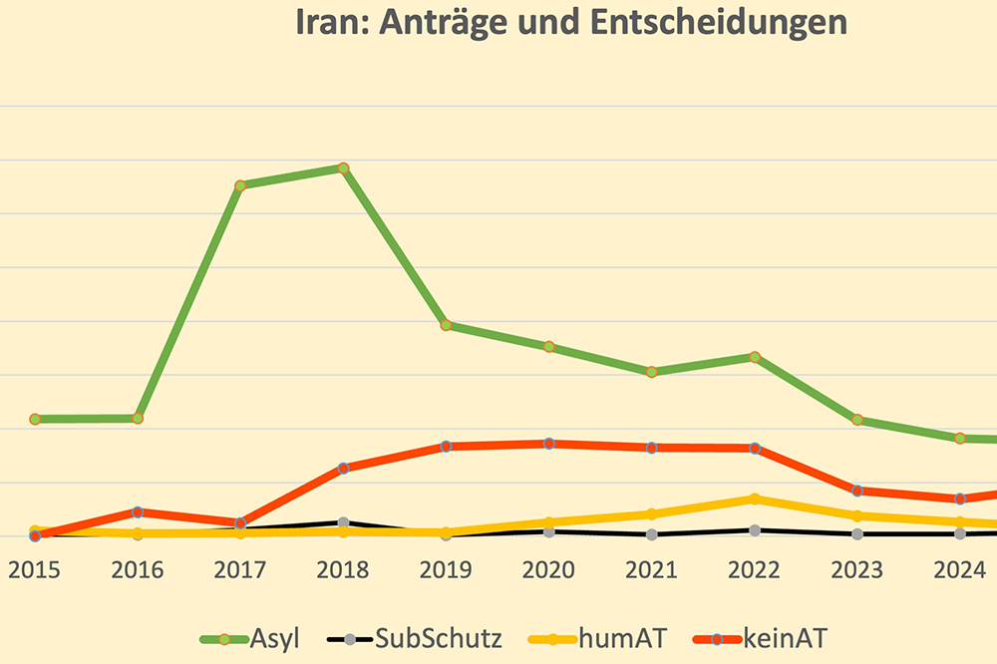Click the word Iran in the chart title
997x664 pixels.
coord(330,23)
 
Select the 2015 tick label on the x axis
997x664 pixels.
coord(35,570)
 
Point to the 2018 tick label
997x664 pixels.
coord(343,570)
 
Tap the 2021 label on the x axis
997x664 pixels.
coord(651,570)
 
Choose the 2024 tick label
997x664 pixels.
coord(959,570)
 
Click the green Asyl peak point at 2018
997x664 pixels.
coord(343,167)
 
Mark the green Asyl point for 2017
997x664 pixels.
coord(240,185)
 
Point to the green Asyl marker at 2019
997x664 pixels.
coord(447,325)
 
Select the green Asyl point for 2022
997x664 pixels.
coord(755,357)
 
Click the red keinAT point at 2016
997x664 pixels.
coord(138,512)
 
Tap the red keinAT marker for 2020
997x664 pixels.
coord(548,443)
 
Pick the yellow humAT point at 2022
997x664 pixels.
coord(755,498)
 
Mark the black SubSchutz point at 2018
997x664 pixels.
coord(343,522)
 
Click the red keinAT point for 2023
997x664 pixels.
coord(857,491)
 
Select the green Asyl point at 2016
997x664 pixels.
coord(138,418)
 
